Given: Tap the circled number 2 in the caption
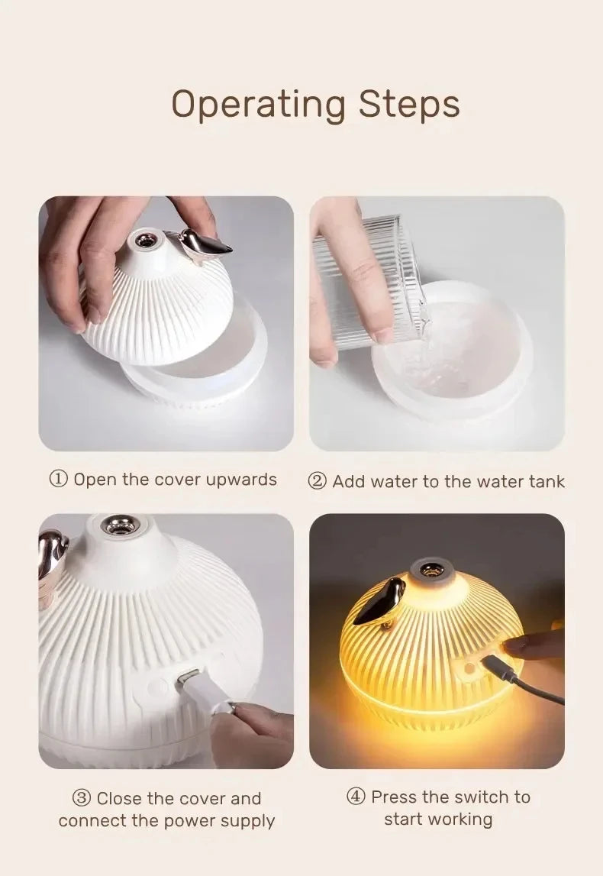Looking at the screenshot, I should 318,481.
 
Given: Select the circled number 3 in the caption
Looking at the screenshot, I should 82,799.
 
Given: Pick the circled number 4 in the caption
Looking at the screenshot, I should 356,797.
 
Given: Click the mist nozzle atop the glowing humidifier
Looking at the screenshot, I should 432,570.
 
